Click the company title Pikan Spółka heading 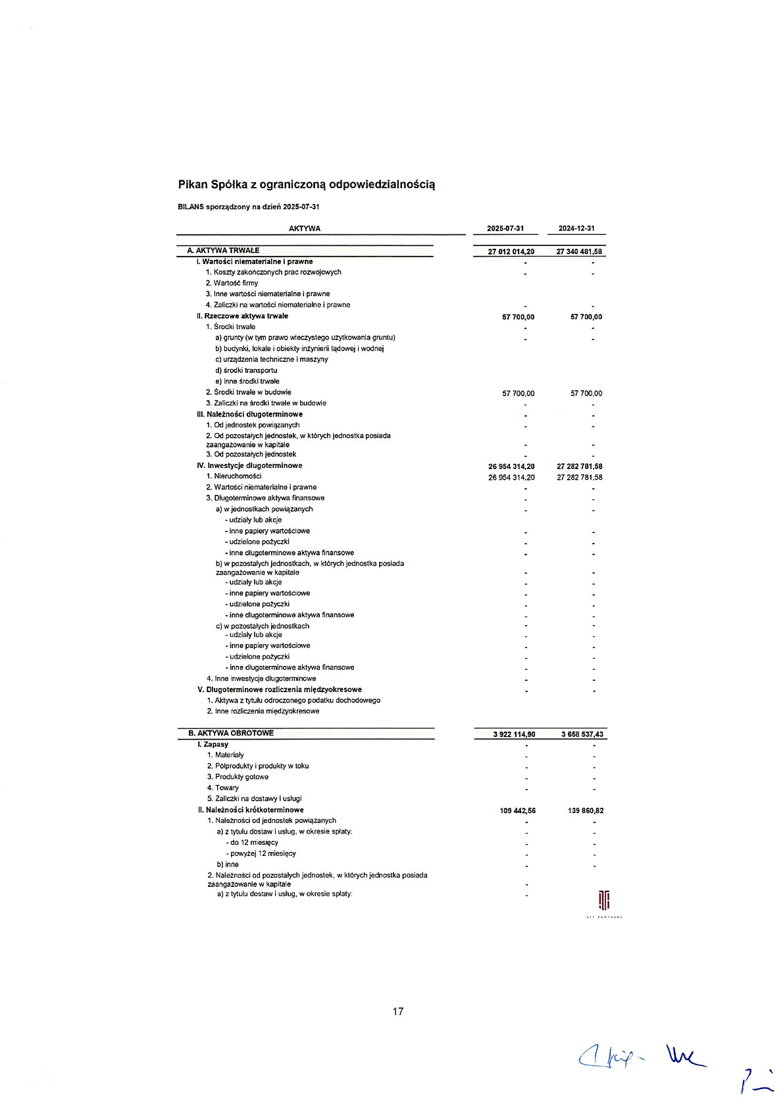pos(306,184)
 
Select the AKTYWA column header pos(304,228)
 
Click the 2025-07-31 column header pos(505,228)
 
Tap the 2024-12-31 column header pos(576,228)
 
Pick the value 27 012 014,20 pos(511,251)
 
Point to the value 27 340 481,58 pos(579,251)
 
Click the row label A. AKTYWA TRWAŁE pos(223,251)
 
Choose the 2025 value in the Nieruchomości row pos(511,478)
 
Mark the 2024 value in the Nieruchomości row pos(580,478)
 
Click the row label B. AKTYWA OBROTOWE pos(231,733)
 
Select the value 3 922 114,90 pos(514,734)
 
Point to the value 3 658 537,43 pos(582,734)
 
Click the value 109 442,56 pos(518,811)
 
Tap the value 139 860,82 pos(586,811)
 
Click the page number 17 pos(398,1011)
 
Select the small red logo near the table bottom pos(604,900)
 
